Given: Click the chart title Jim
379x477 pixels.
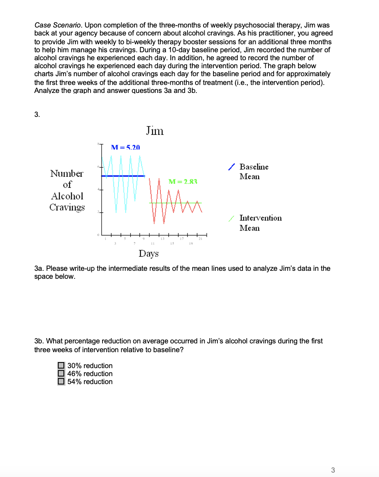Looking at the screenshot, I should point(154,130).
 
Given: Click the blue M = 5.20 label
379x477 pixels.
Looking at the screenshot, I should point(125,147).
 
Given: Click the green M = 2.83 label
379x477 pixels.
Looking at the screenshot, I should point(183,182).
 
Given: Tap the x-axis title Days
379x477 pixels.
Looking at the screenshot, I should point(148,254).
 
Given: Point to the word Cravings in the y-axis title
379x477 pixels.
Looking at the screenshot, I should point(67,207).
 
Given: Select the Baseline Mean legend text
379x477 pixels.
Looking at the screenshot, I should point(254,171).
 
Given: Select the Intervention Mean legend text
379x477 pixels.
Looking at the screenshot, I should point(260,223).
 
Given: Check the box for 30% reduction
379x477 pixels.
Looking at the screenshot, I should point(61,365).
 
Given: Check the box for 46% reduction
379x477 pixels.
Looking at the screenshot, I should point(61,373).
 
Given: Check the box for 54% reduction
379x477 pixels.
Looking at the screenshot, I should point(61,381).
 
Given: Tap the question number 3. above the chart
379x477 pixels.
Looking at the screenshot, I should point(37,115).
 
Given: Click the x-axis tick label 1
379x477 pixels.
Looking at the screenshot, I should point(105,239).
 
